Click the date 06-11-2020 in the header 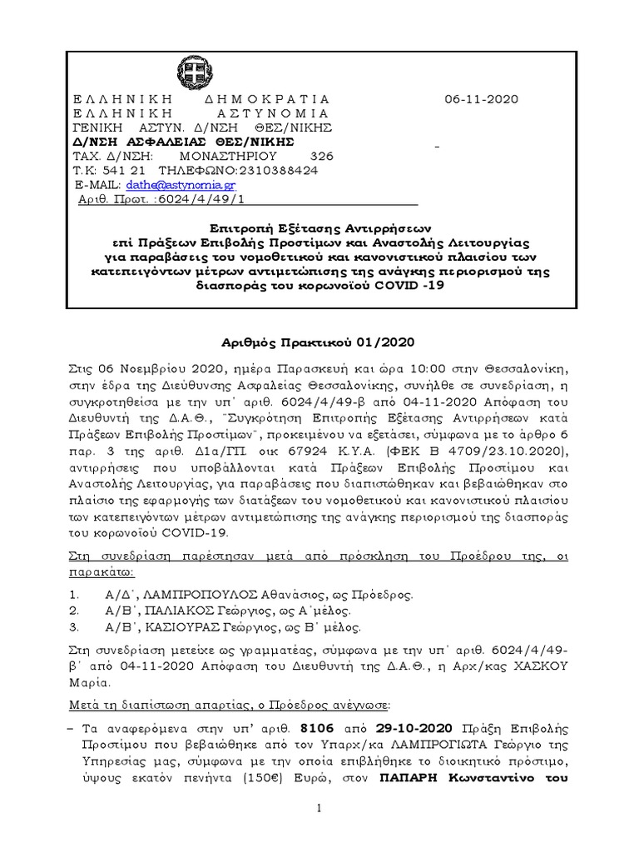point(481,99)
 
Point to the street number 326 point(321,156)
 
